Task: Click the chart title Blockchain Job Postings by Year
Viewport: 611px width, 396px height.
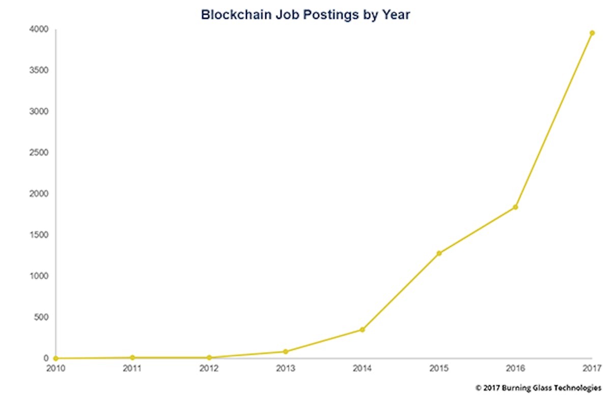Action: pos(305,14)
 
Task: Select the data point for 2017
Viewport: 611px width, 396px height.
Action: pos(592,33)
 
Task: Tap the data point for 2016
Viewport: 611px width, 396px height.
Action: pos(515,207)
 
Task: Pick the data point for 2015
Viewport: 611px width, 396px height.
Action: pos(439,253)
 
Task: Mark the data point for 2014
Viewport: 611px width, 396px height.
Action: pos(362,330)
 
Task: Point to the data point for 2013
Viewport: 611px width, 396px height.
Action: pos(285,352)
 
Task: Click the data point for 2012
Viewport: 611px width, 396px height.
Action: pos(209,358)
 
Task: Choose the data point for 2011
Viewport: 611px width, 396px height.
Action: pos(132,358)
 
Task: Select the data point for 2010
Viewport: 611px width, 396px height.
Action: pos(55,358)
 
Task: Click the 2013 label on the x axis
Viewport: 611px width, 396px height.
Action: pos(285,369)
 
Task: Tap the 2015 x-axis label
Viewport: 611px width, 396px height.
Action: pos(439,369)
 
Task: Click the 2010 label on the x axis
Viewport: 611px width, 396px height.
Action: pos(55,369)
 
